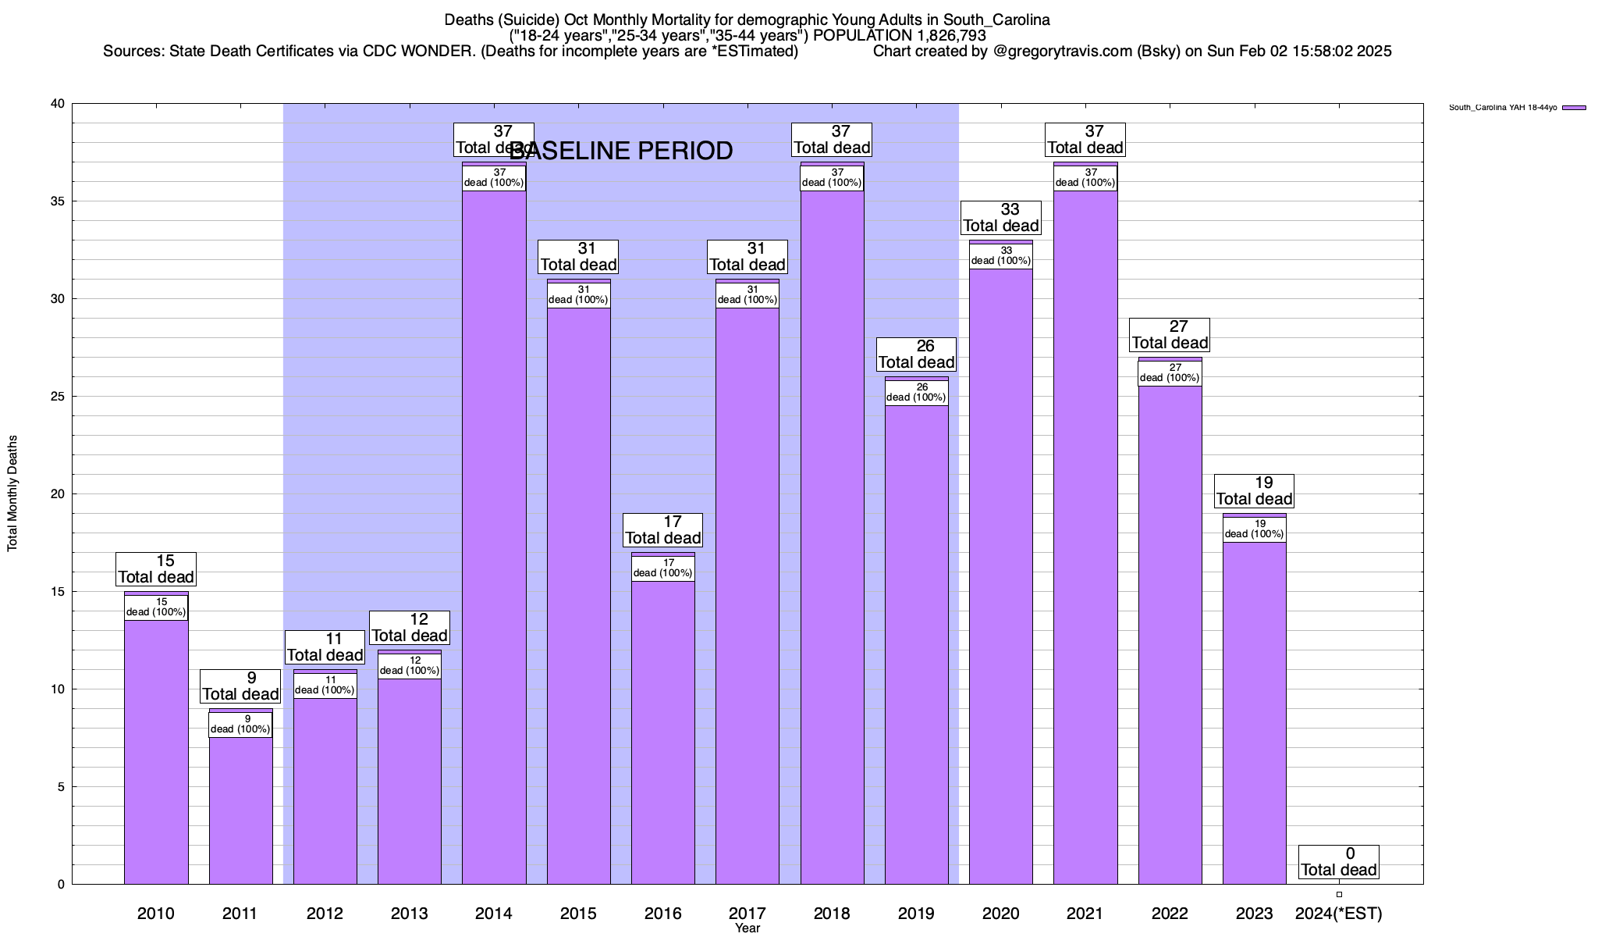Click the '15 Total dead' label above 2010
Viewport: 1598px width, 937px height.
coord(156,569)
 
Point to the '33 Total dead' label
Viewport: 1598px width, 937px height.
coord(1001,218)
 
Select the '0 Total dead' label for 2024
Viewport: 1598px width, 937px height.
coord(1339,862)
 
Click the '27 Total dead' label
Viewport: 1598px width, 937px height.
coord(1170,335)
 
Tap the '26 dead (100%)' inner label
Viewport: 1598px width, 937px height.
coord(916,393)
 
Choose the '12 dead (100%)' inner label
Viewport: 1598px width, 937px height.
coord(410,666)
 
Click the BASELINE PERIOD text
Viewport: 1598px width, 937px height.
coord(621,151)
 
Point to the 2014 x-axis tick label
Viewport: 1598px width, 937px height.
coord(494,914)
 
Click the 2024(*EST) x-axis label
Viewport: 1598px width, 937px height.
coord(1338,914)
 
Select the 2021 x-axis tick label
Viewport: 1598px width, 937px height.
coord(1085,914)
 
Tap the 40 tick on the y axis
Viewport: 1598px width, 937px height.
coord(58,104)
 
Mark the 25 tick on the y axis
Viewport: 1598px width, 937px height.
coord(58,397)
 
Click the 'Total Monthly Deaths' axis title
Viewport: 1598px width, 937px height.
coord(12,493)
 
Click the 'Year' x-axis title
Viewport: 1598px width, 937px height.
coord(748,928)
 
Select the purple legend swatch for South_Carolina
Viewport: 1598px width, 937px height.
coord(1574,108)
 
